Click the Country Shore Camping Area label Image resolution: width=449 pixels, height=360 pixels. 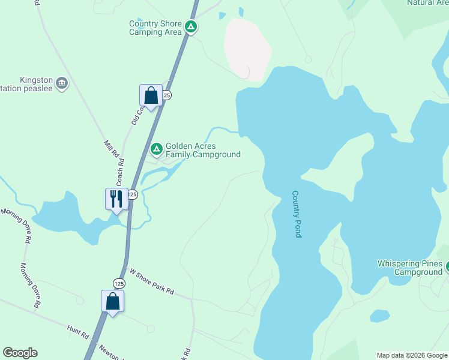(x=155, y=28)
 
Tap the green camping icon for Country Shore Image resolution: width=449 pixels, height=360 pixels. (x=191, y=26)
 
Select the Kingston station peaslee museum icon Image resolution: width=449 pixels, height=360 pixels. (x=62, y=83)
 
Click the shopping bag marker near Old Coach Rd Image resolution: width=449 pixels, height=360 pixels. (x=151, y=95)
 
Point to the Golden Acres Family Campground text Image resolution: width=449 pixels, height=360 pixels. (x=203, y=150)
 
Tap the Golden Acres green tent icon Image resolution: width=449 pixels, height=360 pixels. (x=157, y=148)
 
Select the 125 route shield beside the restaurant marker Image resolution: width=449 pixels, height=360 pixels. (x=133, y=194)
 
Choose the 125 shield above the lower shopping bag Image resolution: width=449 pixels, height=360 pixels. (x=119, y=283)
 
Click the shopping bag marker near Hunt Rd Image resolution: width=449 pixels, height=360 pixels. (x=112, y=301)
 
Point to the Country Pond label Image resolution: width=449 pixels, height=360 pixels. (x=297, y=214)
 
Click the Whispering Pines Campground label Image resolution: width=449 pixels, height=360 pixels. (x=409, y=268)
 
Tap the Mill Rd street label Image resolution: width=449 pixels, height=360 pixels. (x=112, y=149)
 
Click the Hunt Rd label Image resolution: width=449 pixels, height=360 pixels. (x=78, y=329)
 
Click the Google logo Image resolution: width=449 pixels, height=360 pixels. (x=20, y=353)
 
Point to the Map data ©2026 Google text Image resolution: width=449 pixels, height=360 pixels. (x=412, y=355)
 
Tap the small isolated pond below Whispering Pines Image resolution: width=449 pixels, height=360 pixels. (x=379, y=316)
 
